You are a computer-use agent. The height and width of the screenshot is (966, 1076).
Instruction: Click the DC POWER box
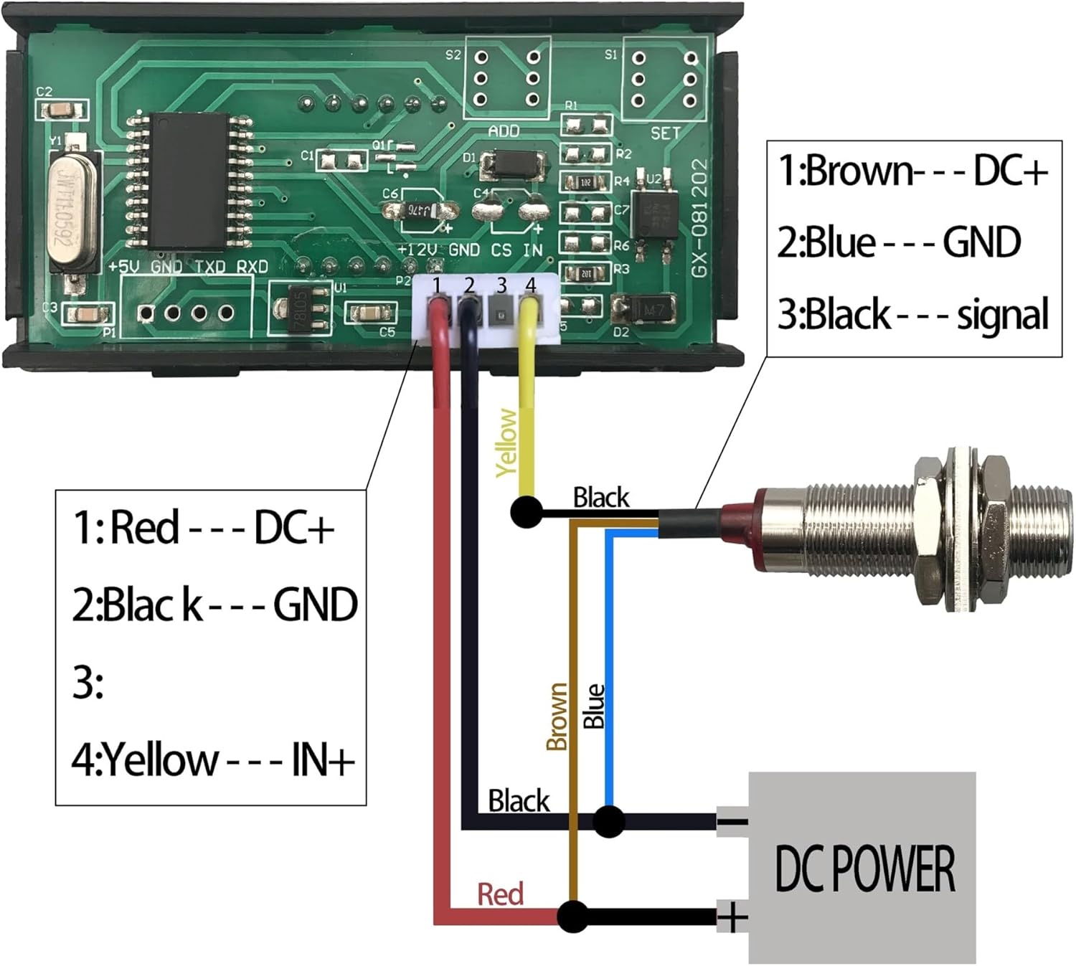pyautogui.click(x=862, y=868)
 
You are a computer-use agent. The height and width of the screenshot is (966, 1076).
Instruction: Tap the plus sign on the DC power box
pyautogui.click(x=732, y=917)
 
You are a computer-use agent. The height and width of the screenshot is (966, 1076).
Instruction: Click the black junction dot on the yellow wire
pyautogui.click(x=527, y=513)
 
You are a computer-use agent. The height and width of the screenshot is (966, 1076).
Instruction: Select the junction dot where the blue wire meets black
pyautogui.click(x=609, y=821)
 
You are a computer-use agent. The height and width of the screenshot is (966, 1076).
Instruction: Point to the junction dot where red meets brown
pyautogui.click(x=572, y=917)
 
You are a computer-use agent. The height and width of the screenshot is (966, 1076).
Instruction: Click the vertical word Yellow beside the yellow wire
pyautogui.click(x=507, y=442)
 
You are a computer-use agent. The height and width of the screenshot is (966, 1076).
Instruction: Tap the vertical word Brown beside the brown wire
pyautogui.click(x=557, y=716)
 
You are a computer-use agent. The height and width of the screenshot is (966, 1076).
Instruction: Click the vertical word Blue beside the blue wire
pyautogui.click(x=594, y=706)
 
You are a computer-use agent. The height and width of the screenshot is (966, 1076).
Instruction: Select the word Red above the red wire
pyautogui.click(x=500, y=894)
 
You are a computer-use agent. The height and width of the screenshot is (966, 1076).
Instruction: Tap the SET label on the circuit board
pyautogui.click(x=665, y=133)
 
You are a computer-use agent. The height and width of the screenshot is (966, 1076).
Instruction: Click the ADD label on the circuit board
pyautogui.click(x=504, y=131)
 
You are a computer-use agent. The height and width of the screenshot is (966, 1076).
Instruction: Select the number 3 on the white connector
pyautogui.click(x=501, y=285)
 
